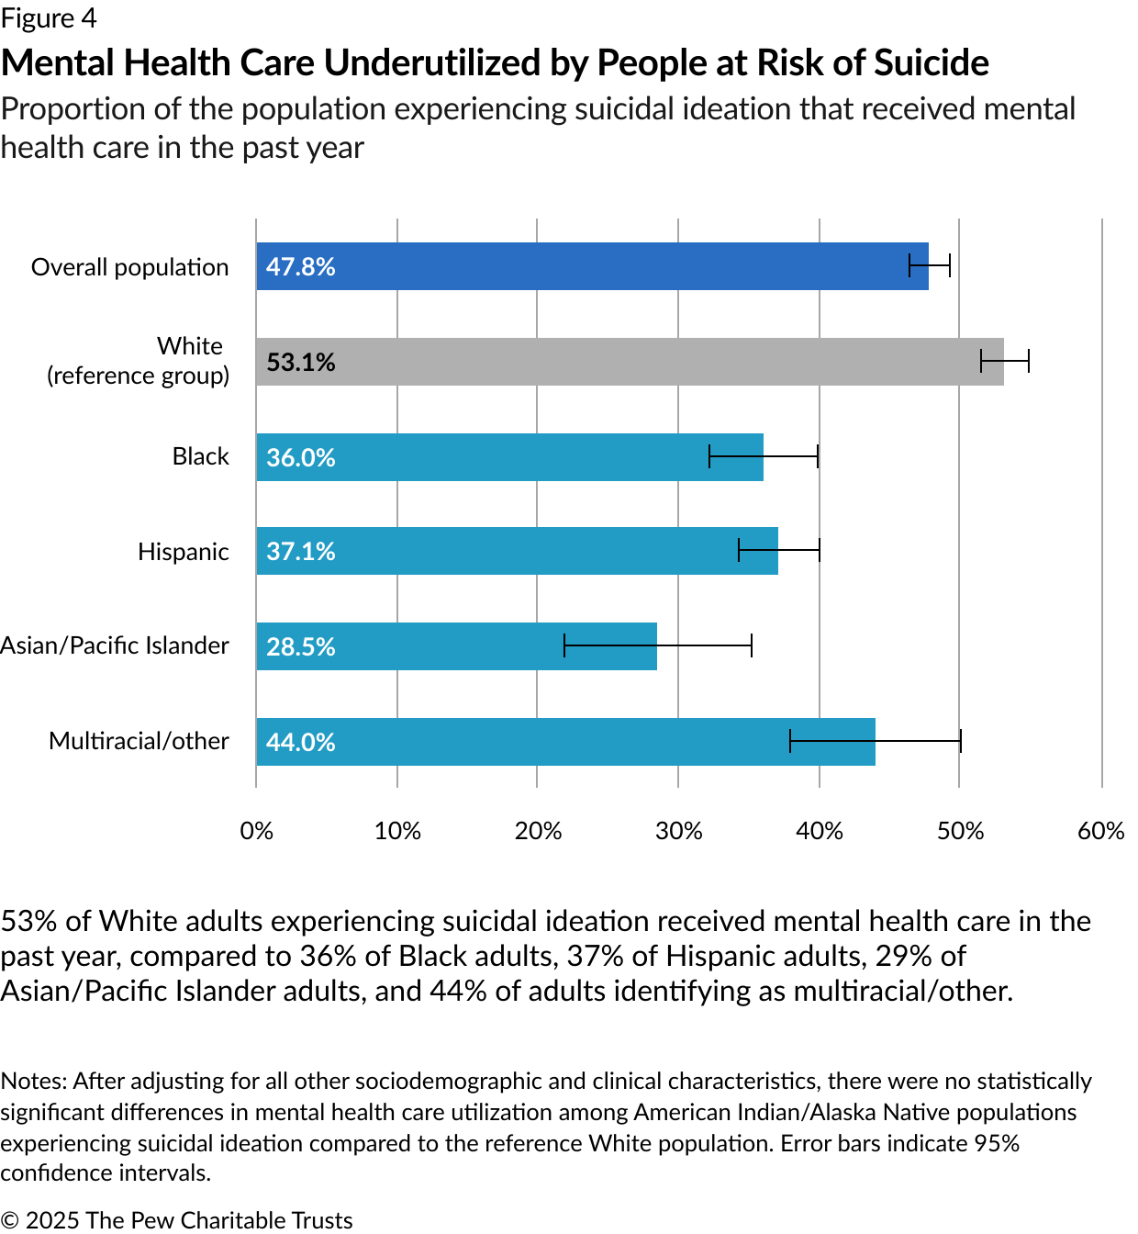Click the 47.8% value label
(300, 267)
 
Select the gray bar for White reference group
(630, 362)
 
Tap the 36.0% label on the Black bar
(300, 457)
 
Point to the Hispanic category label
(184, 552)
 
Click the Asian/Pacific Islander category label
(115, 645)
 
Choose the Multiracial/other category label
(139, 741)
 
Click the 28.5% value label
(300, 646)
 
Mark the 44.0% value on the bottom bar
(300, 742)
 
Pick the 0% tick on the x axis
(256, 831)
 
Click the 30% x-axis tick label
(678, 831)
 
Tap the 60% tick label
(1100, 831)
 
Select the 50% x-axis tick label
(960, 831)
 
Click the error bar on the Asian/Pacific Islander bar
(658, 645)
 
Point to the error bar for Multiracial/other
(875, 741)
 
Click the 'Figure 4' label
(49, 18)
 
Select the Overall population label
(129, 267)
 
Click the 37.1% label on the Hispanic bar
(300, 552)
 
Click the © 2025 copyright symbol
(9, 1220)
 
